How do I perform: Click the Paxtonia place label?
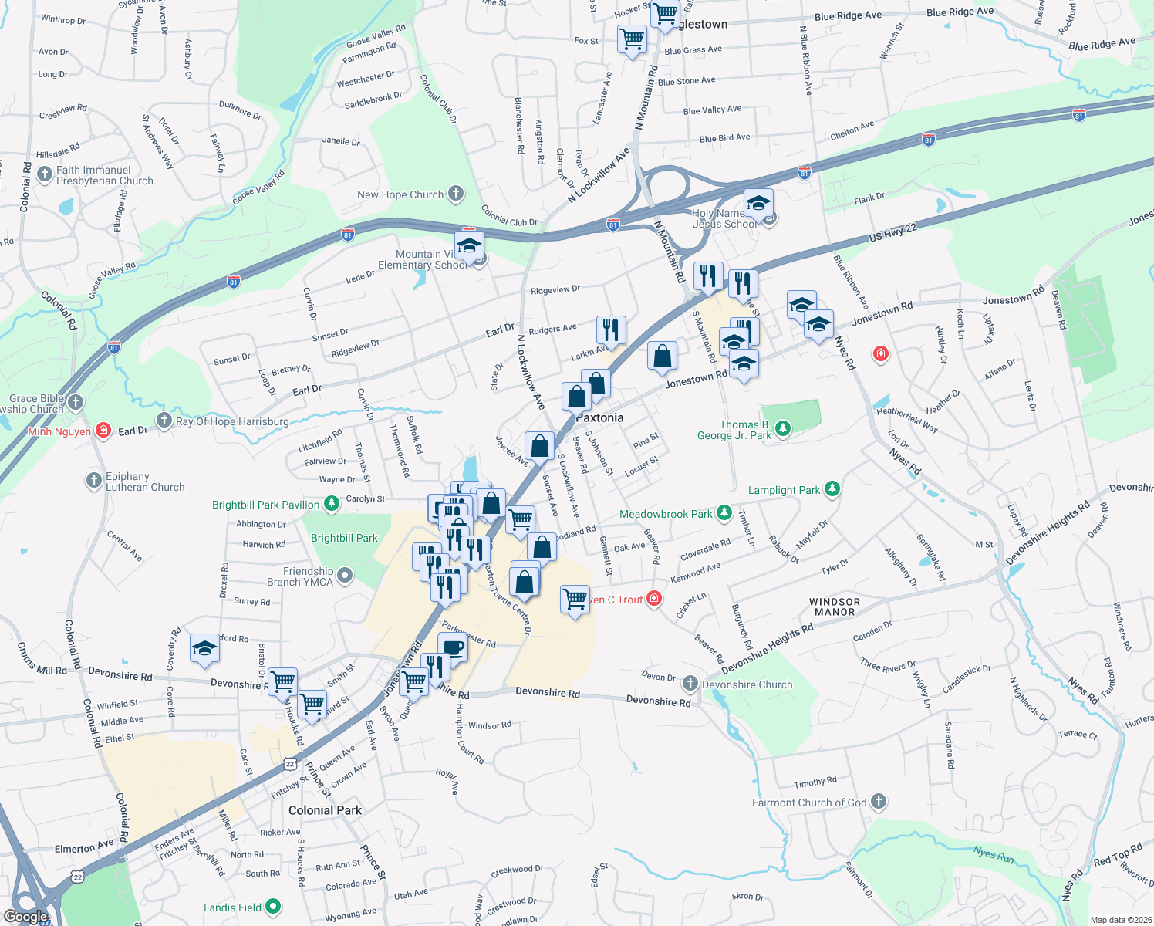[600, 417]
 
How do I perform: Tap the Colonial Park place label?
[325, 810]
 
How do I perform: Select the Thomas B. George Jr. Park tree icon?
[783, 428]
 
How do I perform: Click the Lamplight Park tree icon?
[832, 488]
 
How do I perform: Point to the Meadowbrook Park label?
[666, 514]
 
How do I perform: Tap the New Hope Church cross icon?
[456, 194]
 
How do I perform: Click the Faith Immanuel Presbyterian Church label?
[104, 175]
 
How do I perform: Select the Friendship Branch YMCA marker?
[345, 575]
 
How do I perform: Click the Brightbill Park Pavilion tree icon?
[332, 504]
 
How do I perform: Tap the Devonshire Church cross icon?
[690, 684]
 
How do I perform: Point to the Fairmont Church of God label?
[809, 803]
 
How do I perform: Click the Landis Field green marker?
[273, 907]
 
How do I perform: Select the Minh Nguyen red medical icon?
[104, 431]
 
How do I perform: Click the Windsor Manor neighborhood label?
[835, 607]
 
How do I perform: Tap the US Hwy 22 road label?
[892, 232]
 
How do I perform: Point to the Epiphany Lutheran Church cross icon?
[93, 482]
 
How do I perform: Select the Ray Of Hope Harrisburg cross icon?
[164, 421]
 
